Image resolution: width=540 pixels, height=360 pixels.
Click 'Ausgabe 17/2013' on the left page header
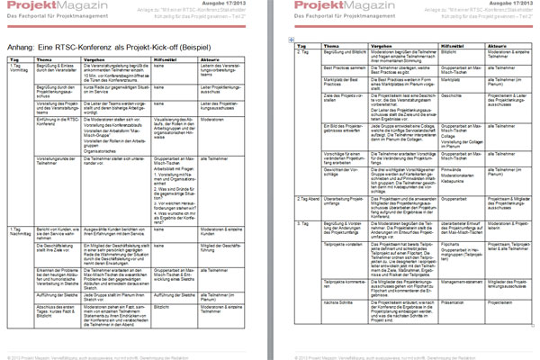point(247,4)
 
